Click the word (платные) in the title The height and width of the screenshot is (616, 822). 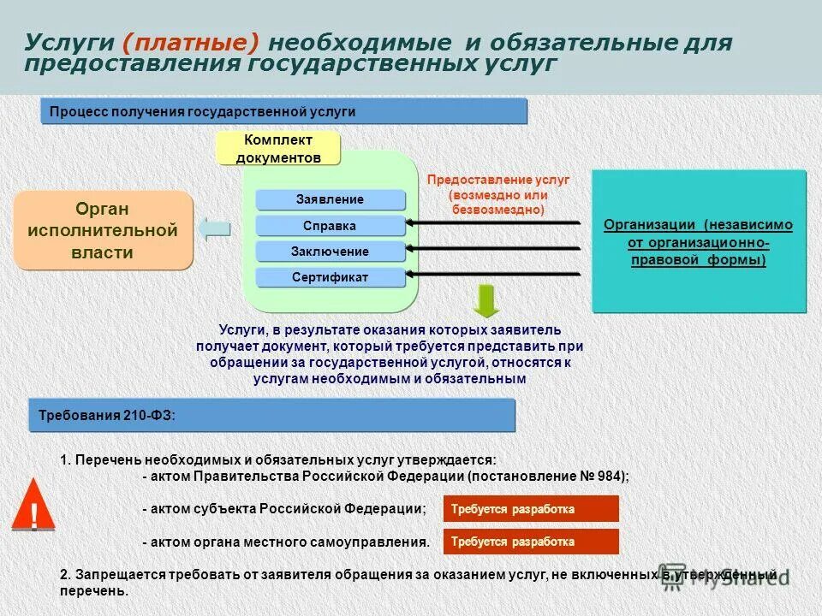point(193,44)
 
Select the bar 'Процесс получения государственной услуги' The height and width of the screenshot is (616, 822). point(283,111)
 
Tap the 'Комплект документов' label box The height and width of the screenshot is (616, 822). point(278,149)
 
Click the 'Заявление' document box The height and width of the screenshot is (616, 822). point(330,199)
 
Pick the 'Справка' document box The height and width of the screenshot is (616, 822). point(330,226)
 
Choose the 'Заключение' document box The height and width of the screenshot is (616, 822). point(330,252)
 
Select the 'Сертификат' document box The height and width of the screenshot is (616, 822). point(330,277)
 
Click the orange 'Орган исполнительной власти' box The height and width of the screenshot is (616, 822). point(103,230)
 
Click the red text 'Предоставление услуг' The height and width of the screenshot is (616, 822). point(497,181)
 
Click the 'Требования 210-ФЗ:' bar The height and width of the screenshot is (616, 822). point(272,415)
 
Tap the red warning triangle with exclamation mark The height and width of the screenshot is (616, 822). point(34,506)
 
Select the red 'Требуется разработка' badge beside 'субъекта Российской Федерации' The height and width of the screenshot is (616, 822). point(531,509)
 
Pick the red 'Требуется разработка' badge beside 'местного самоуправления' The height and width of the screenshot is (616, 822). point(531,542)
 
